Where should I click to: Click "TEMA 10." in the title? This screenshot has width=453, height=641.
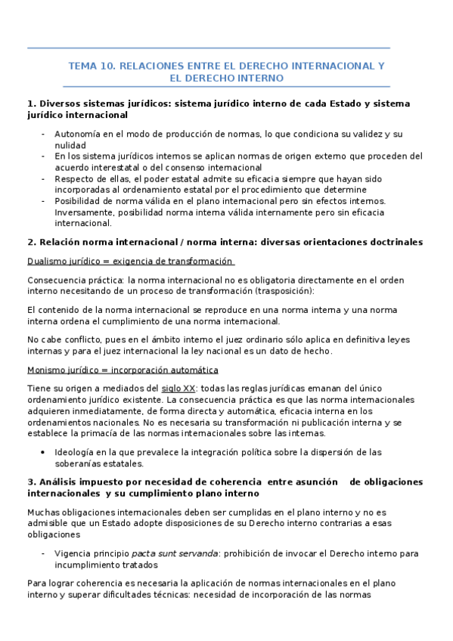(x=91, y=66)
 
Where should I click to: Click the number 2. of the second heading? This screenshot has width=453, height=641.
(x=31, y=242)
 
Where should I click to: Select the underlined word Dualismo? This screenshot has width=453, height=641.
(x=47, y=261)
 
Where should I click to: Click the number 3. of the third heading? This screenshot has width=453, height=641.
(x=31, y=482)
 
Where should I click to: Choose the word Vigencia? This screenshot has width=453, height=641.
(x=73, y=553)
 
